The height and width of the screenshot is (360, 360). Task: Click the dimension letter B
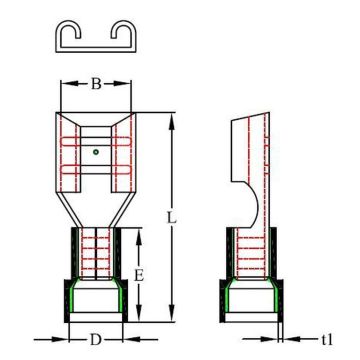(x=96, y=84)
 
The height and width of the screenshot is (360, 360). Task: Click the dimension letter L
(x=171, y=218)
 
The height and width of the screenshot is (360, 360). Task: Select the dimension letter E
(x=139, y=276)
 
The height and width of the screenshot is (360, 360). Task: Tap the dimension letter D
(x=96, y=340)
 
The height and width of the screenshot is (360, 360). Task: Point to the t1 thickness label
(x=327, y=340)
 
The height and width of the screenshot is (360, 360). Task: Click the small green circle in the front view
(x=96, y=152)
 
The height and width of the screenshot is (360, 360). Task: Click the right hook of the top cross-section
(x=123, y=31)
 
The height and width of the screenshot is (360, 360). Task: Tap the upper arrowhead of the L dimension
(x=172, y=121)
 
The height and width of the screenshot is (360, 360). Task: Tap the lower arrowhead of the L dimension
(x=172, y=313)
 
